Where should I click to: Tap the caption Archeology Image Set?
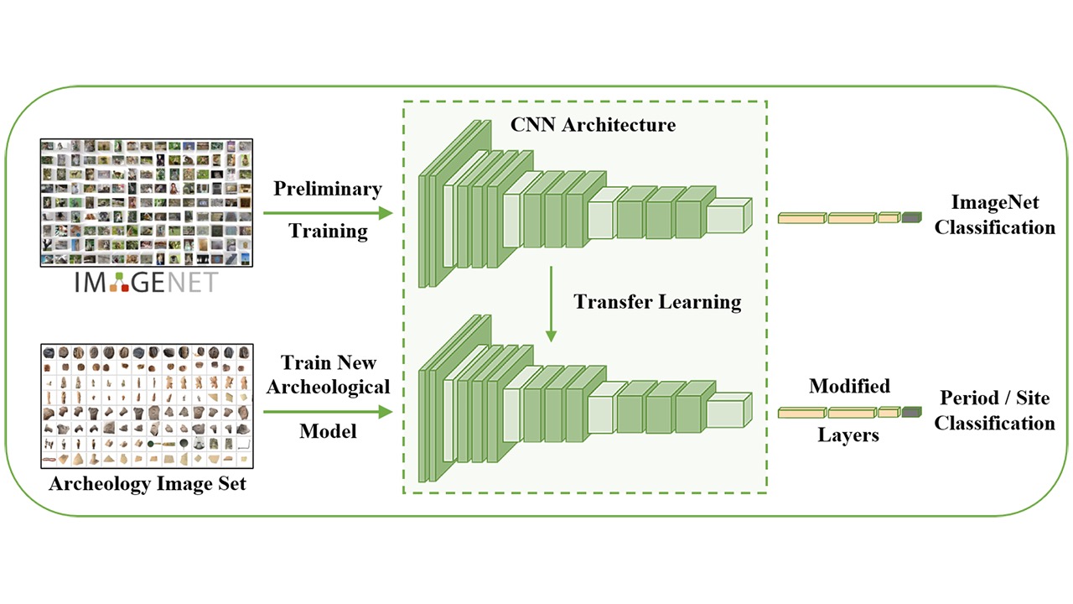148,484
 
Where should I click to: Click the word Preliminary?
327,189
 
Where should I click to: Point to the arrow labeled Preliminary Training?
327,212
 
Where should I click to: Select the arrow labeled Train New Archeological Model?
327,412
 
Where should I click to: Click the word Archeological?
327,387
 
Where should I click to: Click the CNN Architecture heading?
593,125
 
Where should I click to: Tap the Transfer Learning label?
657,302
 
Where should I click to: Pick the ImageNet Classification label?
994,215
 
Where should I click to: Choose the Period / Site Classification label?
994,410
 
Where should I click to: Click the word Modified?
848,387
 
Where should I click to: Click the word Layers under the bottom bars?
848,436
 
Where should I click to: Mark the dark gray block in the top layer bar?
911,218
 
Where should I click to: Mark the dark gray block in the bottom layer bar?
911,412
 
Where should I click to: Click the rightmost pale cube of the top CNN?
728,216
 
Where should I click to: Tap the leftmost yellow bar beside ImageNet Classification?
801,218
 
